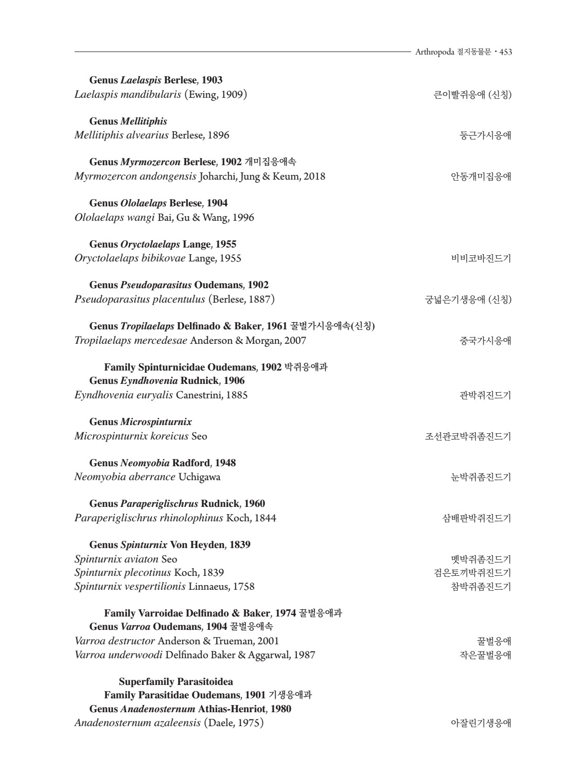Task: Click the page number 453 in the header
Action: [505, 52]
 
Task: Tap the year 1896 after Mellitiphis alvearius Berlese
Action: [219, 135]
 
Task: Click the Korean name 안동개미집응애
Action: [481, 177]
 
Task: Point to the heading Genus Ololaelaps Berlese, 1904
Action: [158, 203]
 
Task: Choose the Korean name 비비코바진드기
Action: [481, 259]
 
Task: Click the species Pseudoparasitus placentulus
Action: [140, 300]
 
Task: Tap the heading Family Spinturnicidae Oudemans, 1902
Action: [192, 367]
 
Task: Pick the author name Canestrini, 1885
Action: [211, 395]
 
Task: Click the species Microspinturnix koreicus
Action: [131, 436]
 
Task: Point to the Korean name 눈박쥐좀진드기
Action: [481, 478]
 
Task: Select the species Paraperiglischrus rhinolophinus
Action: [149, 518]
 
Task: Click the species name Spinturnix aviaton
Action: [116, 559]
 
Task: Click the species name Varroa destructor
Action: [115, 641]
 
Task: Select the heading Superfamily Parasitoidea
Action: [176, 682]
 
